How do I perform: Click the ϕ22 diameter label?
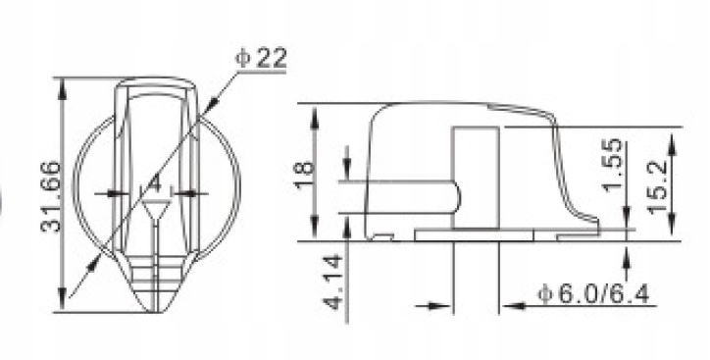pos(261,58)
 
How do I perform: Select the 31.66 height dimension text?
pos(50,196)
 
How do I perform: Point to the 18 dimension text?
pos(304,175)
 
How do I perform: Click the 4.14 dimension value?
pos(333,283)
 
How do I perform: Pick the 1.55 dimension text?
pos(613,165)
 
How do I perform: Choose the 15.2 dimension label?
pos(657,186)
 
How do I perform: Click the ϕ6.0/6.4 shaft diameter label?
pos(593,294)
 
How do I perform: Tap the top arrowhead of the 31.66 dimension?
pos(63,89)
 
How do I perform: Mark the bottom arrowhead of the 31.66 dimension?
pos(63,300)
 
